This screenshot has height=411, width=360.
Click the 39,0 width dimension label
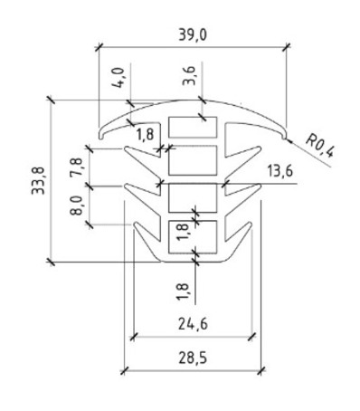193,35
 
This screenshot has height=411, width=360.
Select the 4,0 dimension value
118,78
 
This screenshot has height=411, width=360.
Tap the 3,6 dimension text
190,76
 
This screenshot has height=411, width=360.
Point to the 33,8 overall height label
38,181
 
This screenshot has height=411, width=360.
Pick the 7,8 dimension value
77,167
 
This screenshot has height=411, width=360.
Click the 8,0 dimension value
77,205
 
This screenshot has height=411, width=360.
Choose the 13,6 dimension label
279,172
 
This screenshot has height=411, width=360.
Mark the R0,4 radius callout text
319,146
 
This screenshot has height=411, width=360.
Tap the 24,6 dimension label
193,324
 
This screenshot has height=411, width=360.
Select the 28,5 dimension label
193,358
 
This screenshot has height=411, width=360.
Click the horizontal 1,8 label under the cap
146,134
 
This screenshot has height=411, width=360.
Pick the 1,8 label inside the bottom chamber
183,232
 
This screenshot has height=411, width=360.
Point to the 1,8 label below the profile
183,292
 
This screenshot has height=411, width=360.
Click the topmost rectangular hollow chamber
193,128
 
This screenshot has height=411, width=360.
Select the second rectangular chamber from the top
193,160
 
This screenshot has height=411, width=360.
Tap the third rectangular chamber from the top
193,197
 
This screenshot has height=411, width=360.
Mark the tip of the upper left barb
126,148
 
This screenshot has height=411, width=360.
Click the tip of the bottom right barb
251,224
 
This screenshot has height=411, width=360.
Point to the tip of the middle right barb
260,186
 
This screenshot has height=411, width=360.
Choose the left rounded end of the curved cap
101,137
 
